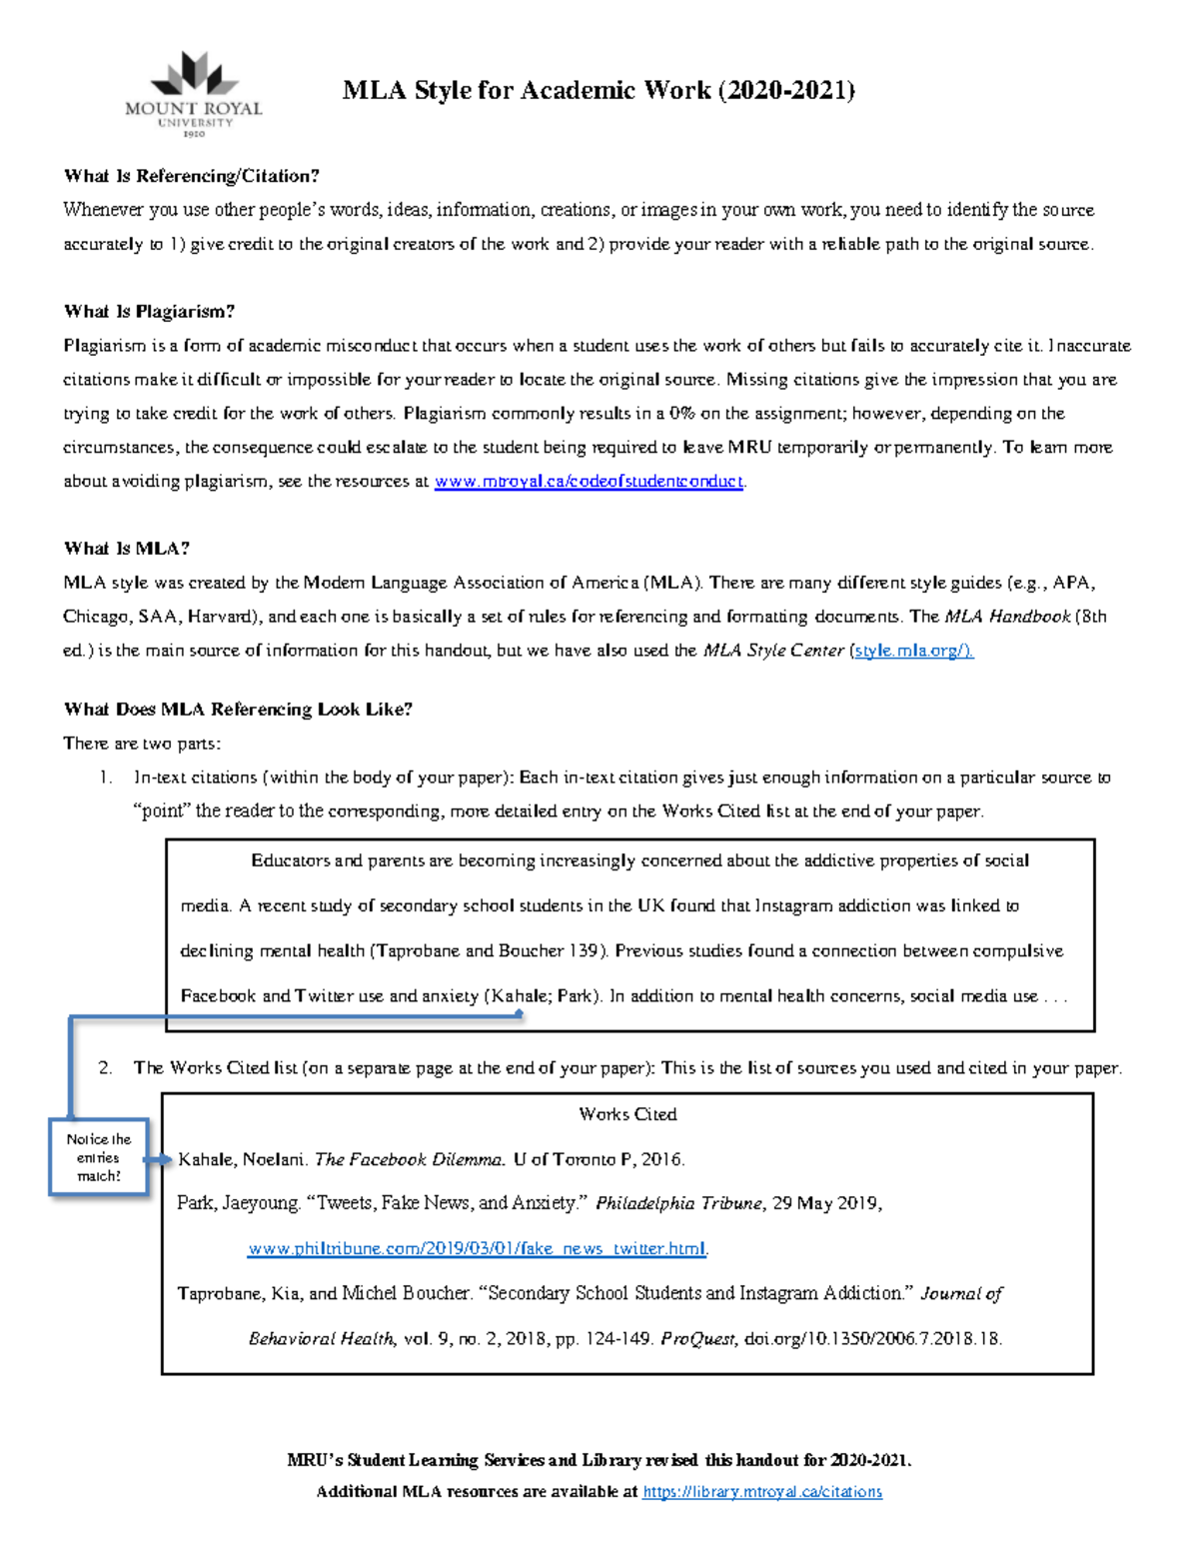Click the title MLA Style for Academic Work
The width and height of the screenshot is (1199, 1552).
pyautogui.click(x=598, y=91)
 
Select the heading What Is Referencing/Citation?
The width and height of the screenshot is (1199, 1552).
pyautogui.click(x=191, y=176)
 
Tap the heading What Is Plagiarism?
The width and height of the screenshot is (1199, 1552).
pyautogui.click(x=149, y=312)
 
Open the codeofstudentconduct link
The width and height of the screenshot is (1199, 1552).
pyautogui.click(x=589, y=482)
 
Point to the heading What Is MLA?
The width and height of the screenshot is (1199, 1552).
pyautogui.click(x=126, y=549)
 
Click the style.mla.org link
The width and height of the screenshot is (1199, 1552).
pyautogui.click(x=912, y=651)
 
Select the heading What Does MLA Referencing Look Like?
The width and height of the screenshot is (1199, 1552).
pyautogui.click(x=238, y=710)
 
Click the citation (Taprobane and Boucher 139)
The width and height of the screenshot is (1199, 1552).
pyautogui.click(x=489, y=951)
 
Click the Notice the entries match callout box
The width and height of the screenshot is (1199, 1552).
pyautogui.click(x=99, y=1157)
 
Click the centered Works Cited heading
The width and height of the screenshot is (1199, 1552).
pyautogui.click(x=627, y=1114)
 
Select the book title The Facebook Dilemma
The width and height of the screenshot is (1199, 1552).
pyautogui.click(x=410, y=1160)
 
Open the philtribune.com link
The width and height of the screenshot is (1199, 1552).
pyautogui.click(x=477, y=1249)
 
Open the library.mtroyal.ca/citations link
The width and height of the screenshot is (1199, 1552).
pyautogui.click(x=762, y=1492)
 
